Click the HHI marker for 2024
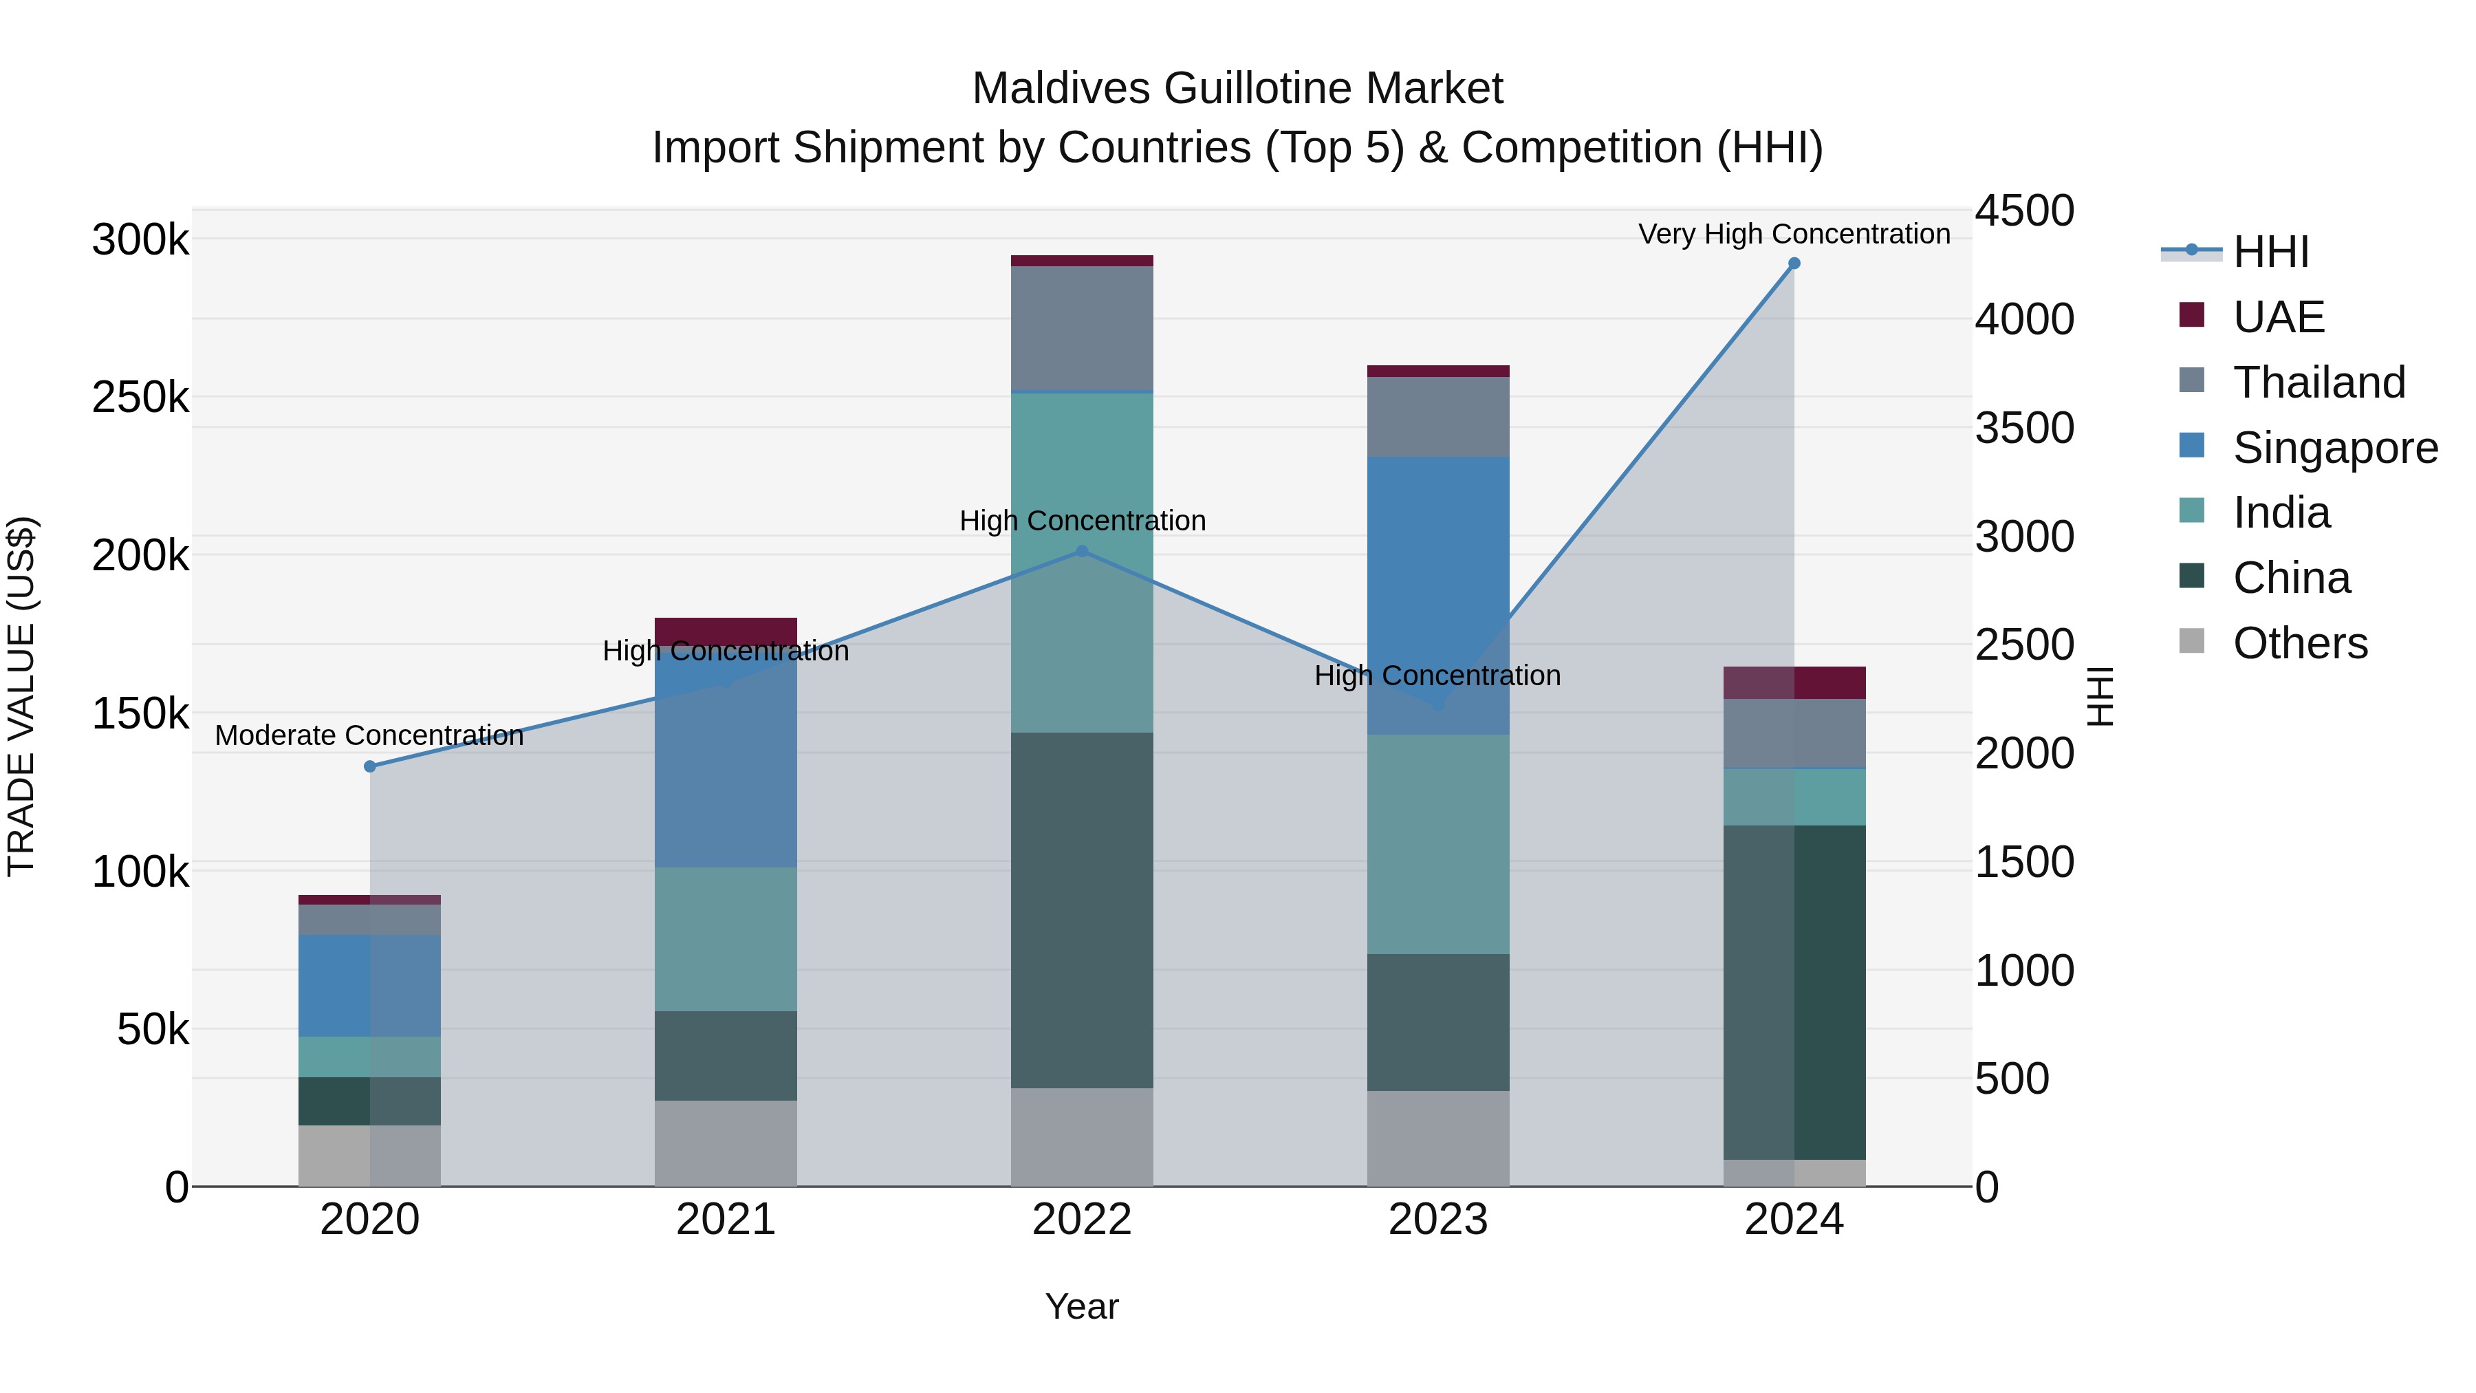click(x=1794, y=263)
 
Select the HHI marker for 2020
click(x=370, y=766)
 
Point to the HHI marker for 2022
click(x=1083, y=551)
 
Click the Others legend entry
click(x=2300, y=643)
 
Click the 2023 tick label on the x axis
click(x=1438, y=1220)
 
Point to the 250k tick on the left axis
click(x=140, y=397)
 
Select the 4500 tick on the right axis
click(x=2024, y=211)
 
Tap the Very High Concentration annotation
click(x=1794, y=235)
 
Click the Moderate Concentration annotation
click(x=369, y=735)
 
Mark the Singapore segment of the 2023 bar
click(x=1438, y=596)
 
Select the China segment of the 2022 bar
click(x=1083, y=909)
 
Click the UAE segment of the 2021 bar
click(x=726, y=631)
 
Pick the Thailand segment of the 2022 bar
click(x=1083, y=328)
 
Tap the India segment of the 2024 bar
click(x=1794, y=797)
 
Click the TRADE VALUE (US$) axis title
click(x=21, y=696)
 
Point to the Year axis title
click(x=1083, y=1306)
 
